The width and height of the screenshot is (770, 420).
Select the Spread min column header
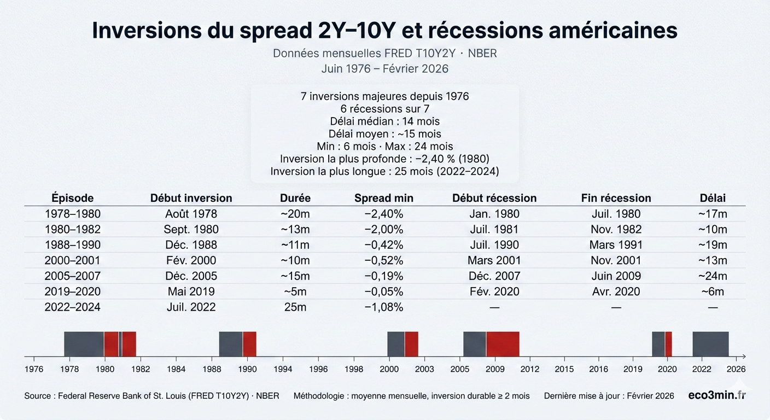pos(383,198)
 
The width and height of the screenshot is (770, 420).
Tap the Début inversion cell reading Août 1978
pos(191,214)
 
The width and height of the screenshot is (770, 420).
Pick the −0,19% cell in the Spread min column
pos(383,276)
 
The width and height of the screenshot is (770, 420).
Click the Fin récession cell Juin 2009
pos(616,276)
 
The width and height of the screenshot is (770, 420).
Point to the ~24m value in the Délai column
pos(712,276)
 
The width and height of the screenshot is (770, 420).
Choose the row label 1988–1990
pos(73,245)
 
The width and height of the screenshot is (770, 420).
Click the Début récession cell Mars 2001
pos(494,260)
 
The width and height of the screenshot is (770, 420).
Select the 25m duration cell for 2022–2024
pos(295,307)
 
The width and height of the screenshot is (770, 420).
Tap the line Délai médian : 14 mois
pos(384,121)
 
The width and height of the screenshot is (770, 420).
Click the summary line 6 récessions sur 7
pos(384,109)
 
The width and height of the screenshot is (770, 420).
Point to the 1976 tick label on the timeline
pos(34,369)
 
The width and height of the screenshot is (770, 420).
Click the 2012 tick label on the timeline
pos(529,369)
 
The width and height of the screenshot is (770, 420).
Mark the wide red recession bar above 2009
pos(503,344)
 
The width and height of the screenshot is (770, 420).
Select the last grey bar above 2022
pos(710,344)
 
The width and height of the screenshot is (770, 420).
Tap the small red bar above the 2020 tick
pos(668,344)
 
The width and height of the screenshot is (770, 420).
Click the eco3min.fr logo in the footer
pos(716,395)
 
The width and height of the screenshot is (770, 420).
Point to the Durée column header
pos(295,198)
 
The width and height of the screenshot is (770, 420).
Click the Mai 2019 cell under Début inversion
pos(191,291)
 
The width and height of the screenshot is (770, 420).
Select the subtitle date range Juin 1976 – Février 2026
pos(384,68)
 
